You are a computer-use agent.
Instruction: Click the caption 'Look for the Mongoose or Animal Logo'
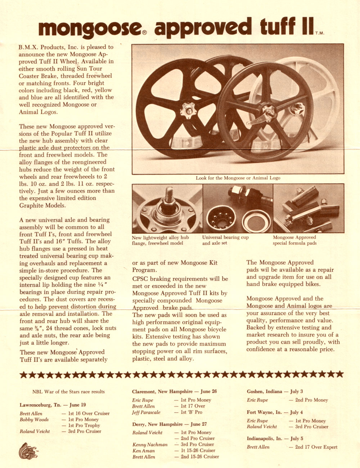point(238,178)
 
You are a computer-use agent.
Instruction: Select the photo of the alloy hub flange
point(167,208)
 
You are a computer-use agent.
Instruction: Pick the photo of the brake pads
point(309,208)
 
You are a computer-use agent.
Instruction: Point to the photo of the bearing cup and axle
point(238,208)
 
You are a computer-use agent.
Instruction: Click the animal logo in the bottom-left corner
point(28,450)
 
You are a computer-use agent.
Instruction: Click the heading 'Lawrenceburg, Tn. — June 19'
point(53,405)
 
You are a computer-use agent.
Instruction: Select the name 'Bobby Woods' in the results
point(34,420)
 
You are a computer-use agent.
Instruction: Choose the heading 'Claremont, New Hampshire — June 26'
point(174,392)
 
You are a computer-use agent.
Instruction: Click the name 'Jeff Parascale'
point(146,413)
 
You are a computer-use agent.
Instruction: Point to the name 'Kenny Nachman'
point(150,445)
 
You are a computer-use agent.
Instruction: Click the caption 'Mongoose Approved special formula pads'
point(294,240)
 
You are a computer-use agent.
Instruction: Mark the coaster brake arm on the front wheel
point(257,119)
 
